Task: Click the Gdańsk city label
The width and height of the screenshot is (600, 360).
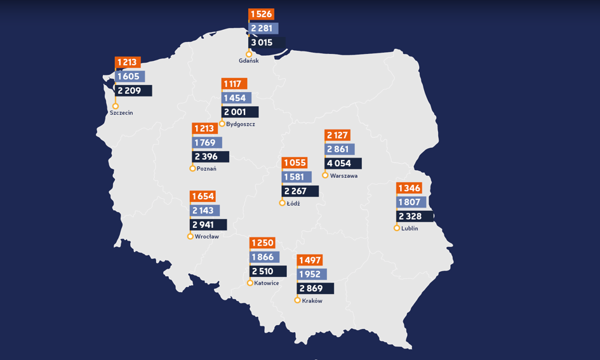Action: pyautogui.click(x=248, y=61)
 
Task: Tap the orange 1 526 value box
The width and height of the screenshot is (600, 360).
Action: pyautogui.click(x=261, y=14)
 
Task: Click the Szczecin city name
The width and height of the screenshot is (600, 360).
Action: pyautogui.click(x=121, y=113)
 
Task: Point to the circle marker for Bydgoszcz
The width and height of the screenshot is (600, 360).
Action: pyautogui.click(x=222, y=124)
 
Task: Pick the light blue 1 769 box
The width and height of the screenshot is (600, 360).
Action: pyautogui.click(x=206, y=143)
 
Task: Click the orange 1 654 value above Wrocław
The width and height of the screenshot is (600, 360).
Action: pyautogui.click(x=203, y=196)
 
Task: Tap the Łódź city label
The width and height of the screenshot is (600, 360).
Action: pyautogui.click(x=293, y=204)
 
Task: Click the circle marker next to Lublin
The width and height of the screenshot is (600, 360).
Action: pyautogui.click(x=397, y=228)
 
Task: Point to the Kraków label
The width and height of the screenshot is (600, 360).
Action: pyautogui.click(x=312, y=301)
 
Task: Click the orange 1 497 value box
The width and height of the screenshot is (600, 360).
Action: pyautogui.click(x=310, y=260)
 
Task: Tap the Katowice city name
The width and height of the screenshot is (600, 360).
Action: pyautogui.click(x=266, y=283)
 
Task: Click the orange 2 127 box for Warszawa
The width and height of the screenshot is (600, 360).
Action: pyautogui.click(x=337, y=135)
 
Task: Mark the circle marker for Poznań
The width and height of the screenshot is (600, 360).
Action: pyautogui.click(x=192, y=168)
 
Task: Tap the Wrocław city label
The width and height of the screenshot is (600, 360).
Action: pyautogui.click(x=206, y=237)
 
